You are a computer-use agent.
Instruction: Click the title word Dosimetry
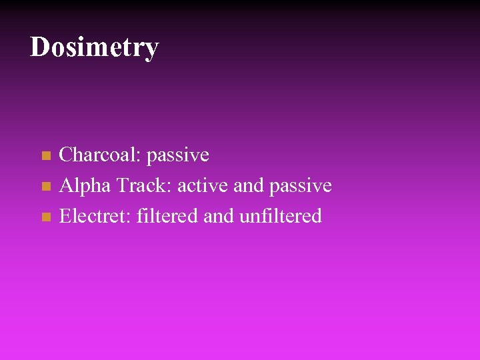pyautogui.click(x=94, y=47)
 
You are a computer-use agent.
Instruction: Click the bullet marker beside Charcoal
pyautogui.click(x=45, y=156)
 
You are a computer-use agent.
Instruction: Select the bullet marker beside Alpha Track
pyautogui.click(x=45, y=187)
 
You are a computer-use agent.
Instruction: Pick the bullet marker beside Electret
pyautogui.click(x=45, y=217)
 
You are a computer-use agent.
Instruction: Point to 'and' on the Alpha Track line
pyautogui.click(x=249, y=185)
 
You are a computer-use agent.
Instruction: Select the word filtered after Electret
pyautogui.click(x=167, y=216)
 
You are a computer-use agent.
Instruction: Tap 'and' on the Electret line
pyautogui.click(x=217, y=216)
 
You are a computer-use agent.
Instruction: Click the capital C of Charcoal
pyautogui.click(x=66, y=155)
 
